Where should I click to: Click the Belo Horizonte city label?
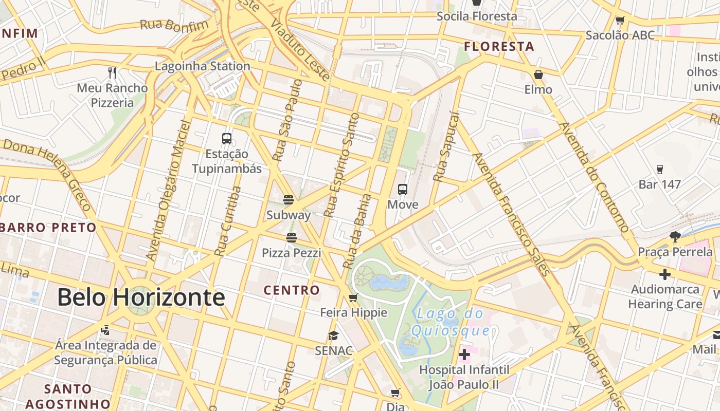click(x=140, y=297)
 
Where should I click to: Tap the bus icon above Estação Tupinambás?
click(x=227, y=138)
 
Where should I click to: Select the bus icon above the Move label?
click(x=403, y=190)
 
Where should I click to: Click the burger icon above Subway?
click(x=289, y=199)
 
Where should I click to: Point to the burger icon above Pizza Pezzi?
click(x=292, y=237)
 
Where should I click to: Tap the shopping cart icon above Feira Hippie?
click(x=353, y=297)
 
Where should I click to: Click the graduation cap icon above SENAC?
click(x=334, y=336)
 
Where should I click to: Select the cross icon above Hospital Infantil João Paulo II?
click(x=464, y=354)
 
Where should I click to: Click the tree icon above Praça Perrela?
click(x=675, y=237)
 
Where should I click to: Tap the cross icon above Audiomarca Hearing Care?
click(x=665, y=274)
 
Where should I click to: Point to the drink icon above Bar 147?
click(x=660, y=170)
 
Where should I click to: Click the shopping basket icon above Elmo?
click(x=538, y=75)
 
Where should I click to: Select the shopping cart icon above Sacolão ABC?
click(x=620, y=21)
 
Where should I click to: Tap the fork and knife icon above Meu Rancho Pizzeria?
click(x=112, y=73)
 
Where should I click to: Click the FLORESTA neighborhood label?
click(x=499, y=47)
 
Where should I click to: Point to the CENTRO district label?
click(x=292, y=290)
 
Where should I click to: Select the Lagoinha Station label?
click(x=203, y=66)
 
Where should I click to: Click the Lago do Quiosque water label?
click(x=448, y=321)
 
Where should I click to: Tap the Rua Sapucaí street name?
click(x=445, y=147)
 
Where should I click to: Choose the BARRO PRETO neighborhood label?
click(x=48, y=227)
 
